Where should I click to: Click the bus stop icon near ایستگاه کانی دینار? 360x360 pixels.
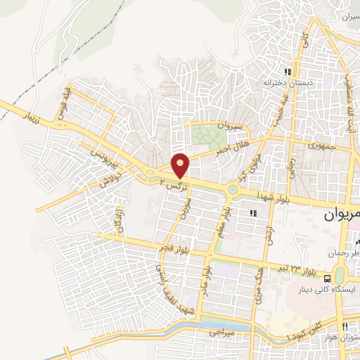tap(331, 278)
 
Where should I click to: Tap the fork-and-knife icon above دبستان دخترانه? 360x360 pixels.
tap(287, 72)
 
